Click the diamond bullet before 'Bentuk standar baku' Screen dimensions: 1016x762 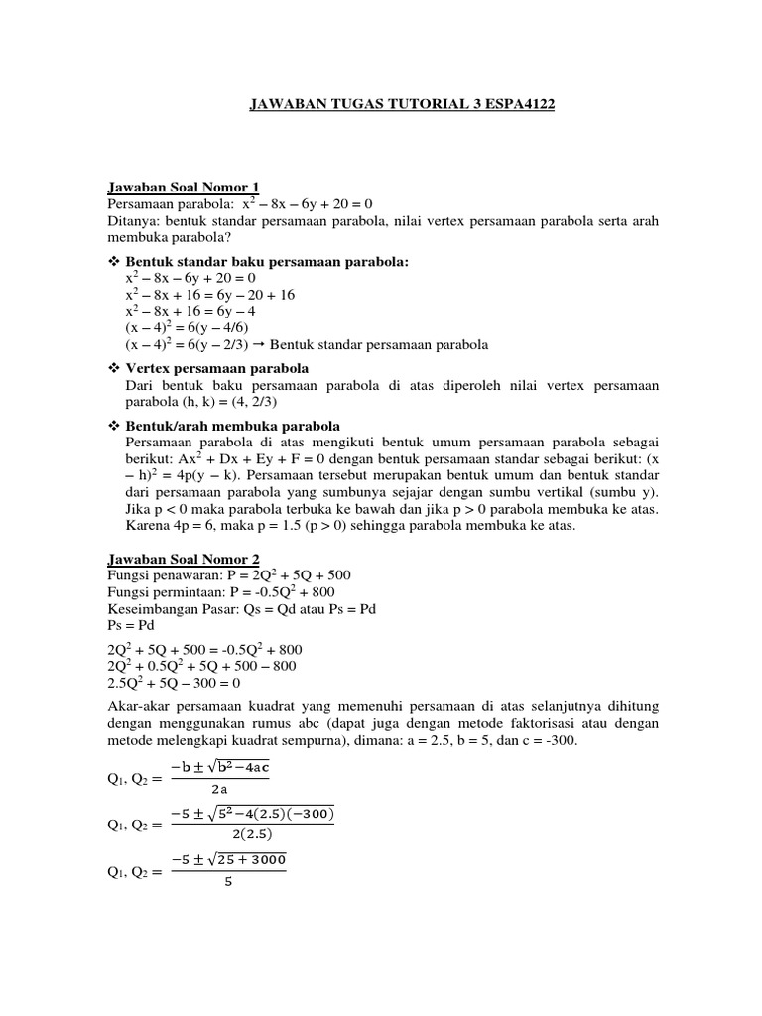tap(112, 262)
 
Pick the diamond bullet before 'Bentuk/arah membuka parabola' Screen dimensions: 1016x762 tap(112, 426)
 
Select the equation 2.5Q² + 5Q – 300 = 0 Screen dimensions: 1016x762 tap(174, 684)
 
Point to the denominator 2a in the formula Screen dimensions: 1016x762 tap(219, 790)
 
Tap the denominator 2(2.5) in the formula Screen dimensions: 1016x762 tap(252, 834)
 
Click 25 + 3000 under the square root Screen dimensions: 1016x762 tap(248, 859)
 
